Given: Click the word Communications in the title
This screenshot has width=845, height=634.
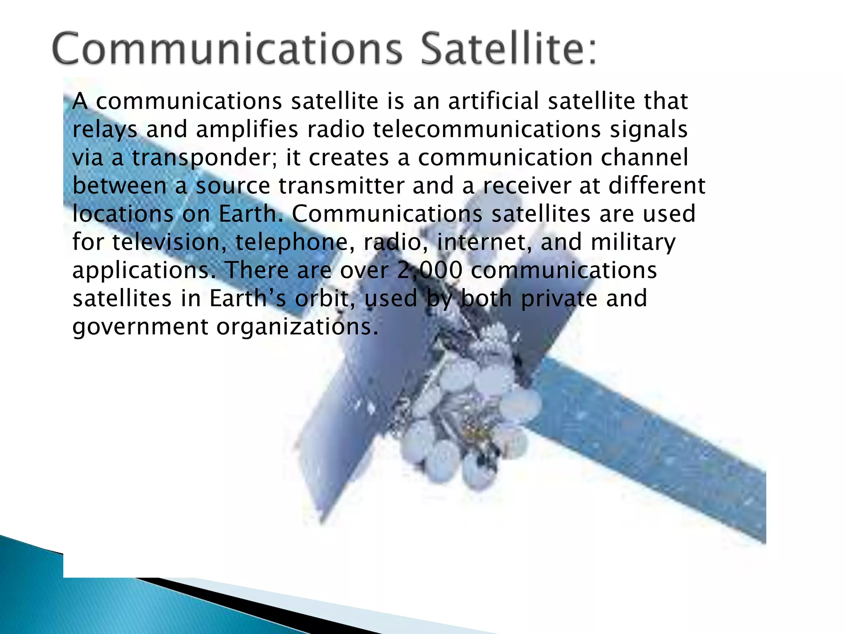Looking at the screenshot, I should coord(227,50).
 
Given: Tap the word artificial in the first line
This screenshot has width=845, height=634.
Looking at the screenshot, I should coord(493,102).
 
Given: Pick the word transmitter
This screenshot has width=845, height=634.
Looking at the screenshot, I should coord(342,186).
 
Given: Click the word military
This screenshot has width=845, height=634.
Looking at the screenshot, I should coord(633,242).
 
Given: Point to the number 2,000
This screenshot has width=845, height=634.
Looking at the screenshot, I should coord(430,271).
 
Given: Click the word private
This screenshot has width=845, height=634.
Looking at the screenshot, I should coord(559,299).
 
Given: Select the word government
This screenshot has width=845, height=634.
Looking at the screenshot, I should coord(141,327).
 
